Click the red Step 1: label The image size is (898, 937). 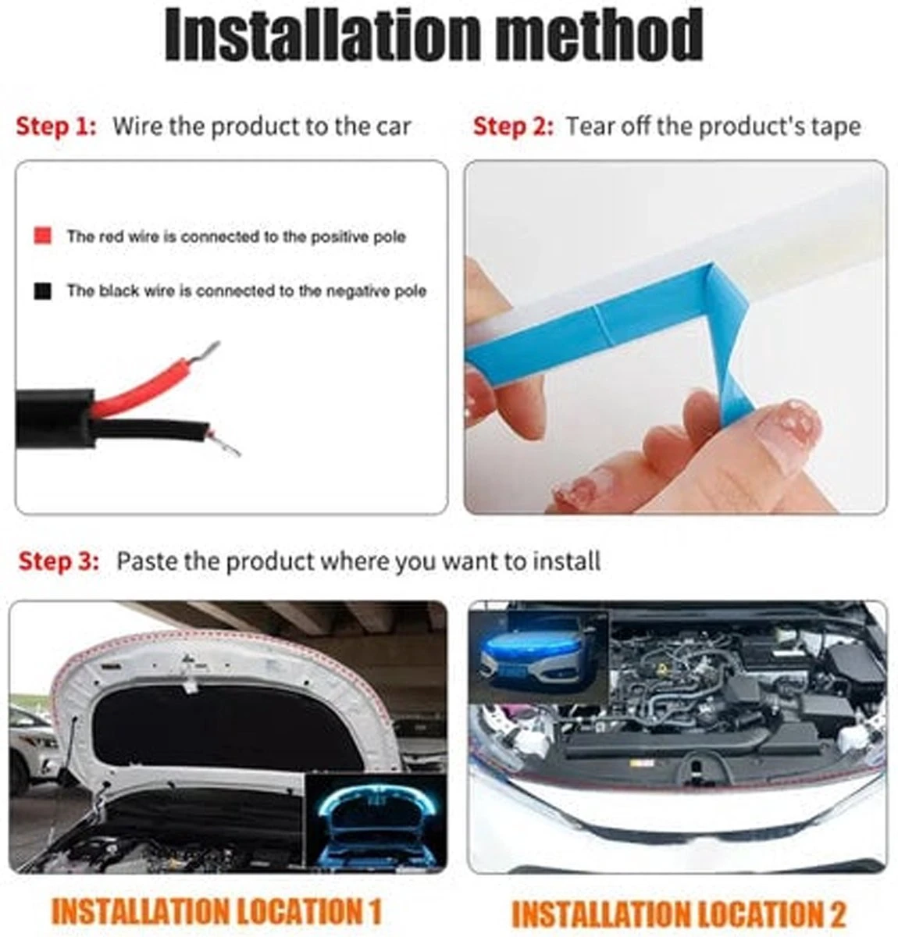pyautogui.click(x=56, y=126)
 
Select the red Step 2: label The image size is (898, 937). pyautogui.click(x=513, y=126)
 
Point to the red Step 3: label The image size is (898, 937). pyautogui.click(x=59, y=561)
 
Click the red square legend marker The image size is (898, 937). pyautogui.click(x=42, y=236)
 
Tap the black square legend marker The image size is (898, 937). pyautogui.click(x=42, y=290)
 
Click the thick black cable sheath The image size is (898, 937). pyautogui.click(x=55, y=417)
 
